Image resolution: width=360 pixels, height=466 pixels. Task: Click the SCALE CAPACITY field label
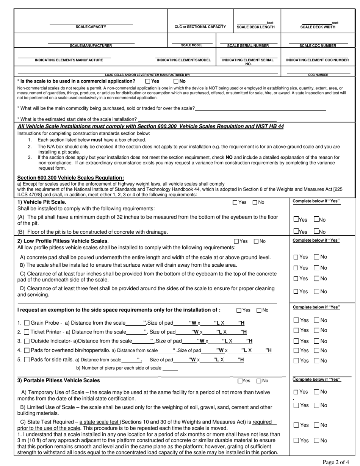(x=91, y=27)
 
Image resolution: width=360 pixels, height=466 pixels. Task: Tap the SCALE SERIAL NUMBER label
(x=248, y=45)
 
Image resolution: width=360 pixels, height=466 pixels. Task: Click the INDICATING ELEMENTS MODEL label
(x=183, y=60)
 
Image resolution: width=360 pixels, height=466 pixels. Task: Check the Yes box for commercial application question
(x=148, y=81)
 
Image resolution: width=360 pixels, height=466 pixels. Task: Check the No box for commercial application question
(x=176, y=81)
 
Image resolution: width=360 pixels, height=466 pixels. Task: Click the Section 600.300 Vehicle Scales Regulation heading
(x=70, y=178)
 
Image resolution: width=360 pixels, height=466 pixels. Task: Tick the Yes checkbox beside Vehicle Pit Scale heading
(x=235, y=203)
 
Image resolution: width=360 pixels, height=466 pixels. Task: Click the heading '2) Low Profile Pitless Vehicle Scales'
(x=63, y=241)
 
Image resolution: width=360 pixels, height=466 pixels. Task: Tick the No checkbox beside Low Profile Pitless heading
(x=256, y=241)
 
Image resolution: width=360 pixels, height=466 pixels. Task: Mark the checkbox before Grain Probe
(x=27, y=323)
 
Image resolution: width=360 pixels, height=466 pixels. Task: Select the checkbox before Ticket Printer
(x=27, y=332)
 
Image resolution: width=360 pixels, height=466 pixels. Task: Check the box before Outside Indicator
(x=27, y=341)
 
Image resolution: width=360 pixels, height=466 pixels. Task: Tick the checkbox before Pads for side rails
(x=27, y=360)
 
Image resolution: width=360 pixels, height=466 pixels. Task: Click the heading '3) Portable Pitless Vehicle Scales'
(x=59, y=380)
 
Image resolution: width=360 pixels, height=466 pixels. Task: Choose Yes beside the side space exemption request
(x=239, y=310)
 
